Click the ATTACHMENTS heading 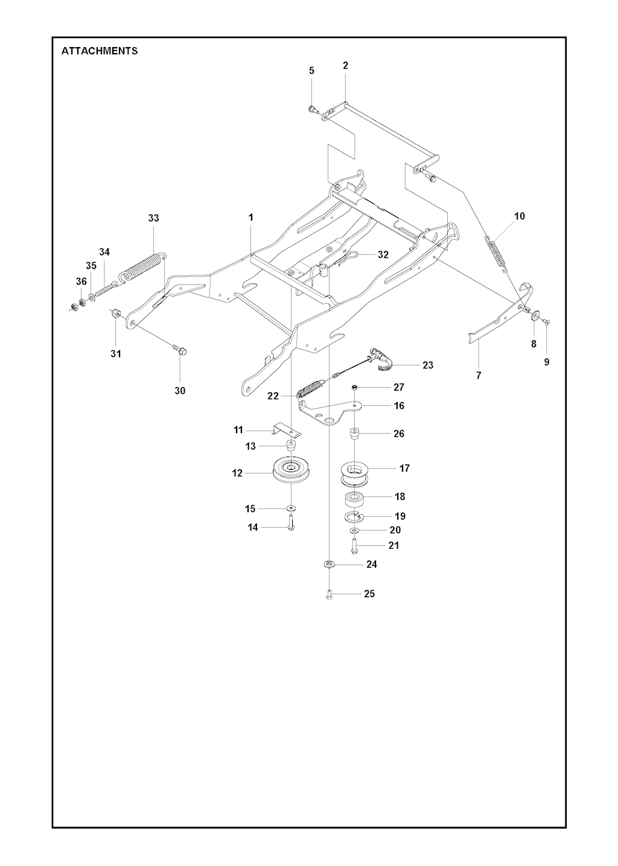tap(99, 51)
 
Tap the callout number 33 tap(153, 218)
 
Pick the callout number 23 tap(427, 365)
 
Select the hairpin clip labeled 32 tap(346, 258)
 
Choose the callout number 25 tap(369, 594)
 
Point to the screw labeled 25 tap(328, 597)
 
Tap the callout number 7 tap(479, 375)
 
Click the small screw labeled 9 tap(547, 321)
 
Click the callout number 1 tap(250, 217)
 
